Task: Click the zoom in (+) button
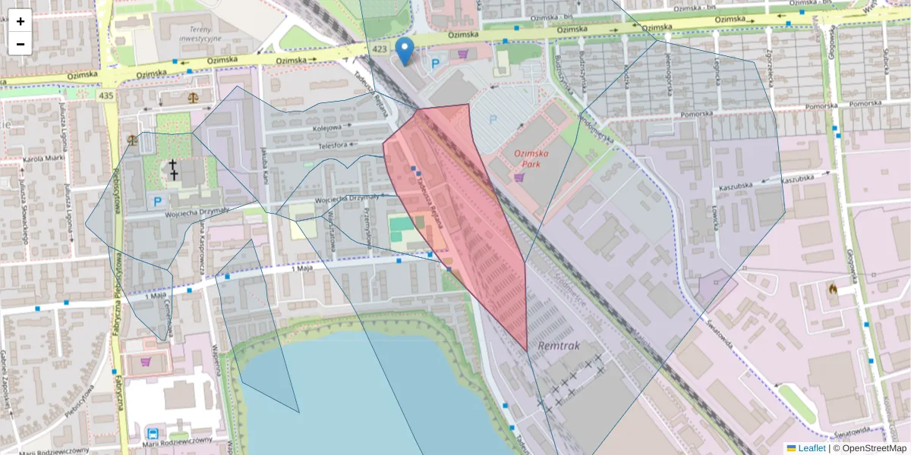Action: [20, 21]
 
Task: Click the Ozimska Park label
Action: [536, 158]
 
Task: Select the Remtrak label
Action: [558, 345]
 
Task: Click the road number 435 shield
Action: [106, 96]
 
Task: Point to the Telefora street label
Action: [333, 144]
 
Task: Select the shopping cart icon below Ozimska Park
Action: [519, 177]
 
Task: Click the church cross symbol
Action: [174, 169]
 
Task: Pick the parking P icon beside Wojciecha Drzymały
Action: [157, 202]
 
